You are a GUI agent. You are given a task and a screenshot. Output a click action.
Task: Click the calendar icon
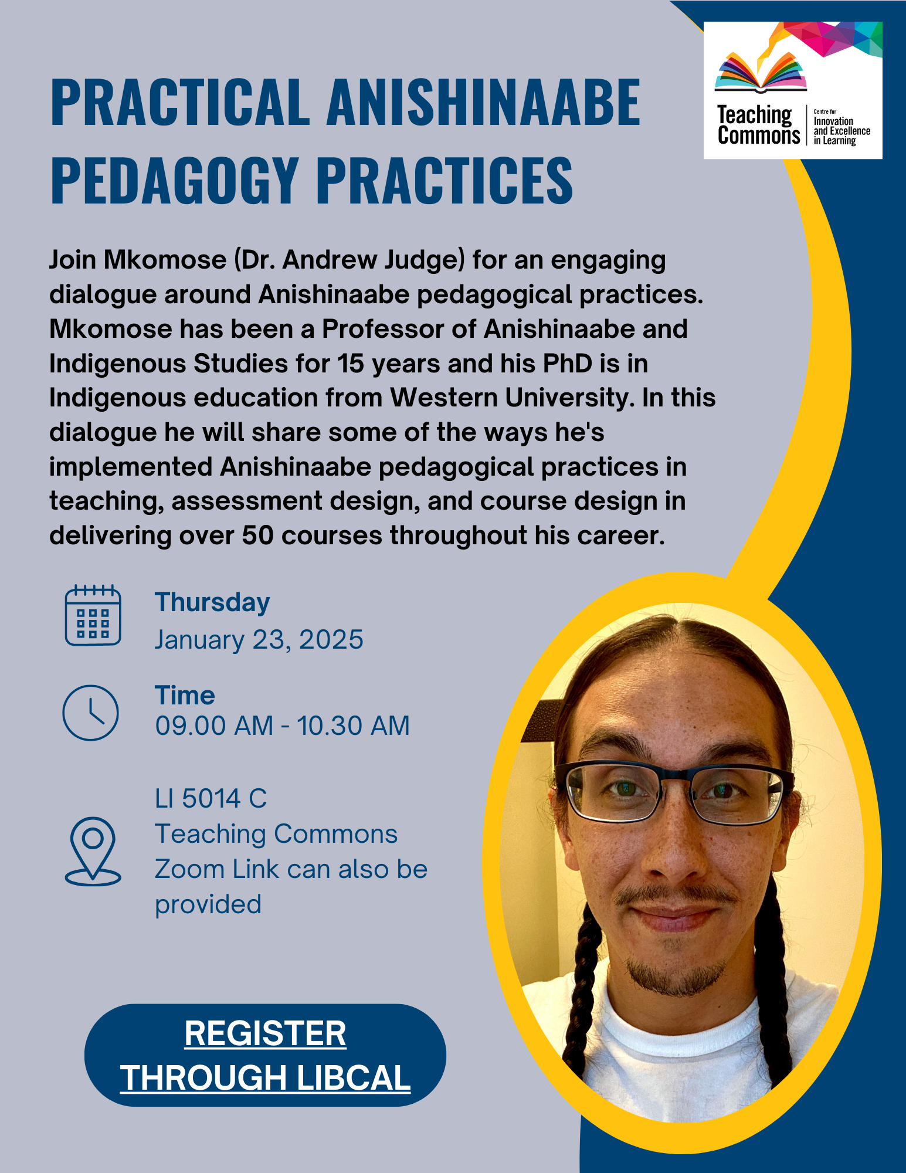(x=93, y=615)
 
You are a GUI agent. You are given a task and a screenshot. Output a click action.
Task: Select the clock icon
(x=91, y=712)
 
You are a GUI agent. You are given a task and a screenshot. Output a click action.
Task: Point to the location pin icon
(x=93, y=851)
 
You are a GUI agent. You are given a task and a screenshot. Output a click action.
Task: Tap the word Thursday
(x=212, y=603)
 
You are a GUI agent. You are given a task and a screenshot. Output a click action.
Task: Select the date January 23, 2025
(x=259, y=639)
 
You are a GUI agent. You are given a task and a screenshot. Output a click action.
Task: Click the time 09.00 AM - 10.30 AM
(x=282, y=726)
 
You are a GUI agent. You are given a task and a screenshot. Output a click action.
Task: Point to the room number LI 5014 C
(x=211, y=799)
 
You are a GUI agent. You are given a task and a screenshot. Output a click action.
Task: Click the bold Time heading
(x=185, y=696)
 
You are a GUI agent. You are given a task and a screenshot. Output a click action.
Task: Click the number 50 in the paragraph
(x=258, y=535)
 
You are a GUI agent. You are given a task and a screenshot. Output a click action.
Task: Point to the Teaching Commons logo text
(x=758, y=125)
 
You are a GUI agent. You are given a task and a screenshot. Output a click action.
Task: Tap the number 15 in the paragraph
(x=351, y=364)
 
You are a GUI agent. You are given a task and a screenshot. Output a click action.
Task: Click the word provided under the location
(x=208, y=905)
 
